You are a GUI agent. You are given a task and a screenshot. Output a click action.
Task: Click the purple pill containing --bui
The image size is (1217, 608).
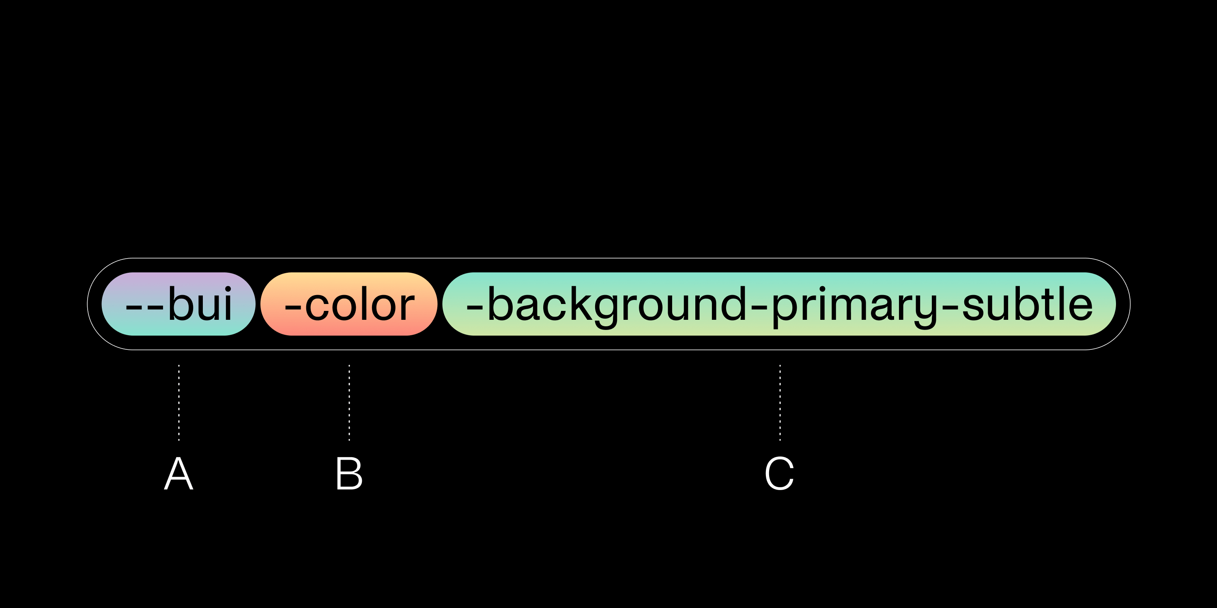tap(178, 304)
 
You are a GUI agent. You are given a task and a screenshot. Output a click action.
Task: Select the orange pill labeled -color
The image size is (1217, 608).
tap(349, 304)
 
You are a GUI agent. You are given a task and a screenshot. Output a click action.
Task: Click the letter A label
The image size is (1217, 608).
tap(178, 473)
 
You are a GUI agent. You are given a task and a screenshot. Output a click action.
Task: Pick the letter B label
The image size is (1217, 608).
tap(349, 473)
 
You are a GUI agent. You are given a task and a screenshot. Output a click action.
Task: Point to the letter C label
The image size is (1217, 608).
tap(780, 473)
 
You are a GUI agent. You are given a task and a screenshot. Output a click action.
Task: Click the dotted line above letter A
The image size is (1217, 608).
tap(178, 402)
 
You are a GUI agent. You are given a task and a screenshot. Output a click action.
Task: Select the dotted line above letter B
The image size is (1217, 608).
tap(349, 402)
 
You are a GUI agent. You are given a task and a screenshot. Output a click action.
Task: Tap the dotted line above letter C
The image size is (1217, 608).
tap(780, 402)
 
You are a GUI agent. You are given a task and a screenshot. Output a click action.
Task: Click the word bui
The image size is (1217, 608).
tap(200, 304)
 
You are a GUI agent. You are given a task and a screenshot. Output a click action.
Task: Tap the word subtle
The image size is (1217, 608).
tap(1028, 304)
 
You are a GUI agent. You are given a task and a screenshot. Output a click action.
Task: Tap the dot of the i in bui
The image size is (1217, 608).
tap(228, 289)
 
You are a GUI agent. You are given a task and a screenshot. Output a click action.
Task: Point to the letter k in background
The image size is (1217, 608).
tap(581, 303)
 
